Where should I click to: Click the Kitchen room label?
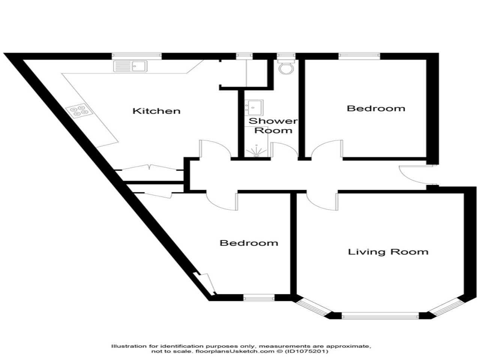[157, 111]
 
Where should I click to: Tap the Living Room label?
[388, 252]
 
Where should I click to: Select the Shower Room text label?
[273, 126]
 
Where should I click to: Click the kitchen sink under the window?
[130, 66]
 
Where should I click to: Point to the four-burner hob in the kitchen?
[79, 111]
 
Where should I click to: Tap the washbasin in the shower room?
[254, 107]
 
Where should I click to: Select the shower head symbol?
[256, 152]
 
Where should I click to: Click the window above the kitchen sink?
[136, 56]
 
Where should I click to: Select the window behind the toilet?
[286, 56]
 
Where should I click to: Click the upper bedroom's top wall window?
[360, 56]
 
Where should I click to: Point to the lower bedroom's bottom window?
[259, 297]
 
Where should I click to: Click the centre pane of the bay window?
[380, 316]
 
